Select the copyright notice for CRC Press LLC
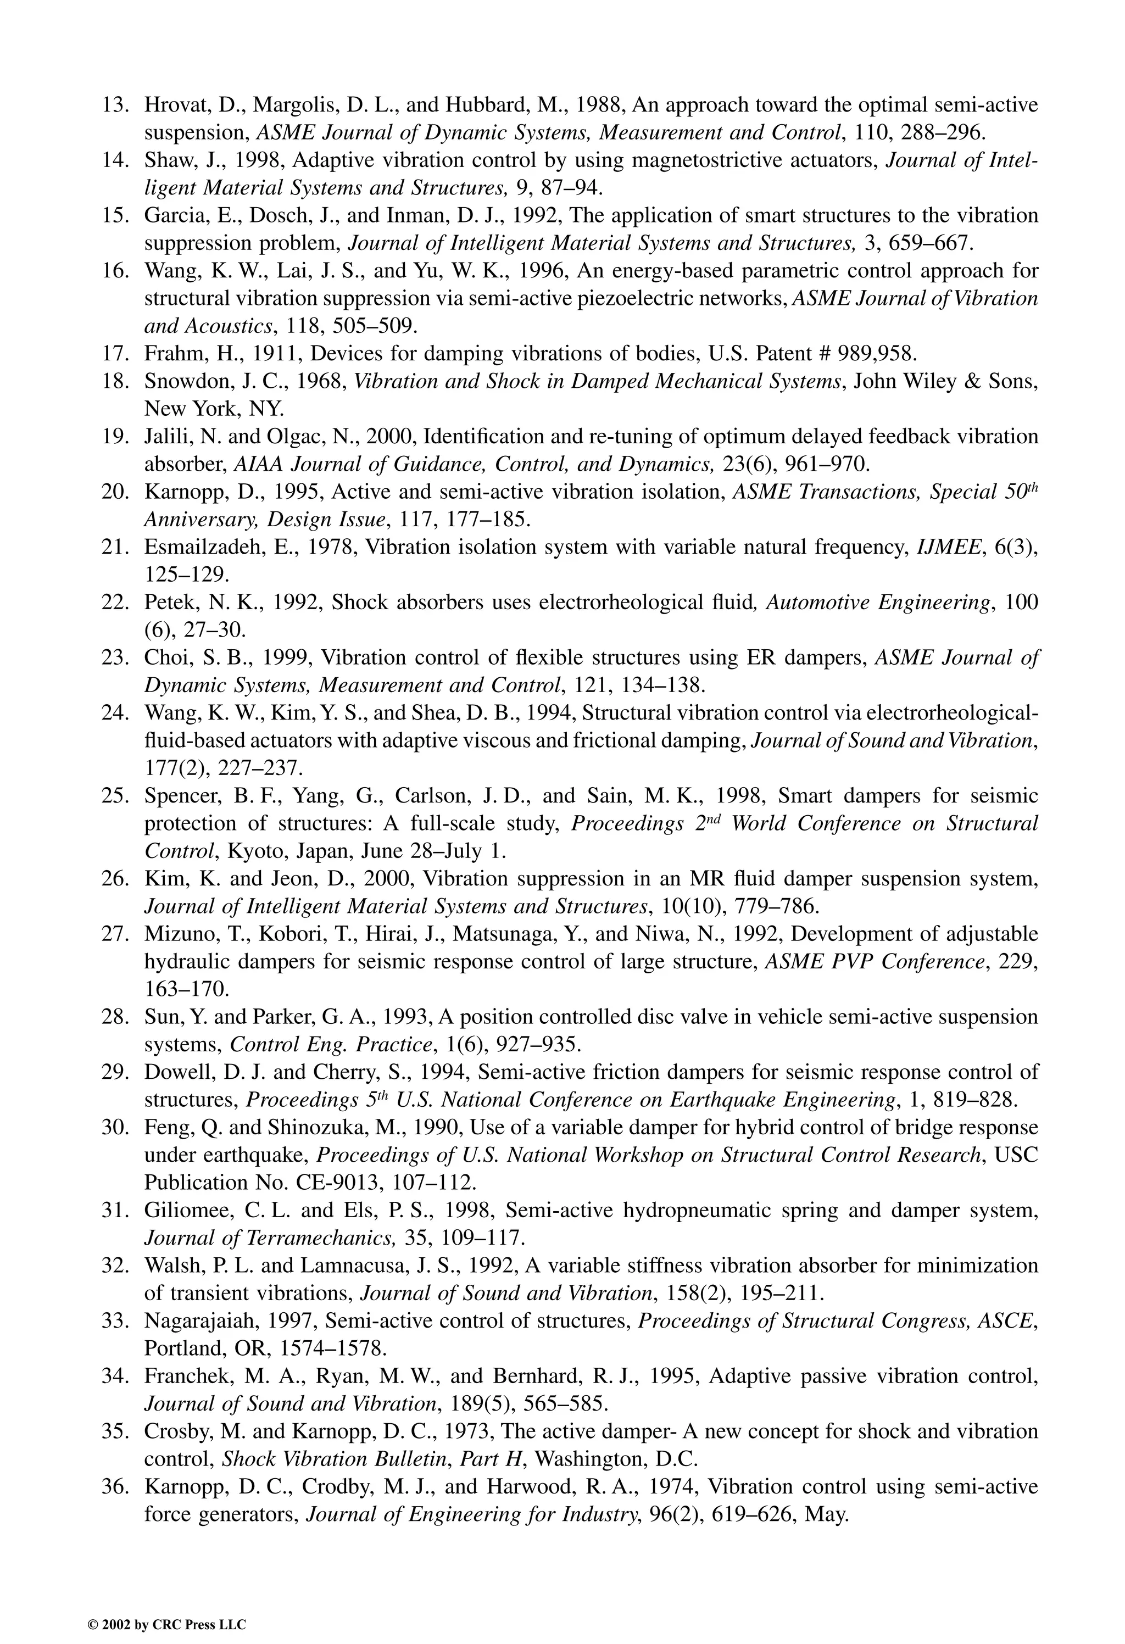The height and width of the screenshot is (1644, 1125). point(166,1606)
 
